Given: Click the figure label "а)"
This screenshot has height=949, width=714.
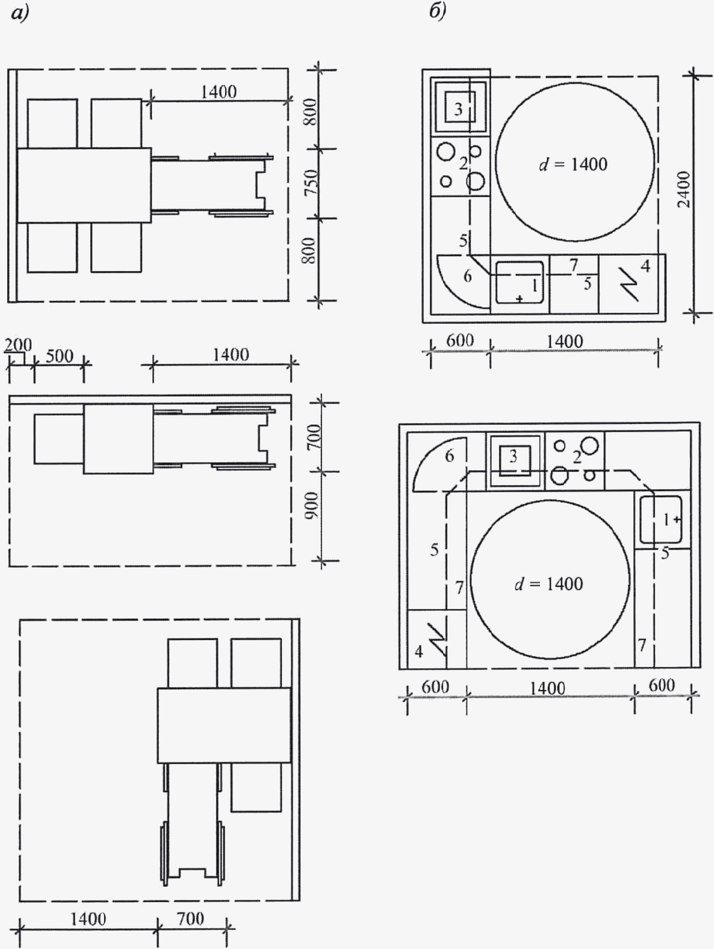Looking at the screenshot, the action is click(x=20, y=13).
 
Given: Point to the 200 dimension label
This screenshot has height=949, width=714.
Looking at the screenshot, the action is click(x=18, y=345).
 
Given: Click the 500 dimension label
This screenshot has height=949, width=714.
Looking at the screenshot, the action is click(x=60, y=356).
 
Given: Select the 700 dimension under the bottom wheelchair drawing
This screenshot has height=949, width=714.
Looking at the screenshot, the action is click(x=191, y=919).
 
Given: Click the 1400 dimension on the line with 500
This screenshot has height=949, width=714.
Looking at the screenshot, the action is click(x=231, y=355).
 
